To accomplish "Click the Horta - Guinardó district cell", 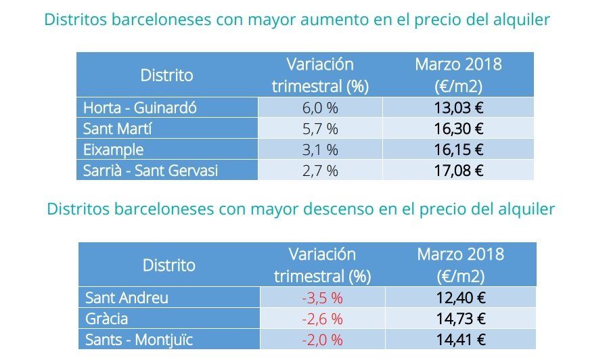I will coord(139,108).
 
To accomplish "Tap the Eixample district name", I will coord(113,150).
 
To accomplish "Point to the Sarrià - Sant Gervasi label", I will coord(150,171).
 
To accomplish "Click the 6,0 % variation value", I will coord(320,108).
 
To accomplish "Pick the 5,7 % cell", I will coord(320,129).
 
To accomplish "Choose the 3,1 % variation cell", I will coord(320,150).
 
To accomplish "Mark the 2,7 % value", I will coord(320,171).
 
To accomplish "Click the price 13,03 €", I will coord(458,108).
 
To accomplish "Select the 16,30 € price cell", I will coord(458,129).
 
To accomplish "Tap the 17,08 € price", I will coord(458,171).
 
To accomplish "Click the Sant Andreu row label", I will coord(127,298).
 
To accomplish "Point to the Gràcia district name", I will coord(107,319).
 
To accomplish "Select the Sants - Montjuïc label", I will coord(144,340).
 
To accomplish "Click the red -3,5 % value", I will coord(322,298).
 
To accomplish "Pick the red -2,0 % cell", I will coord(322,340).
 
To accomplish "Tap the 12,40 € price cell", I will coord(461,298).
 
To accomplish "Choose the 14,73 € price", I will coord(461,319).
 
